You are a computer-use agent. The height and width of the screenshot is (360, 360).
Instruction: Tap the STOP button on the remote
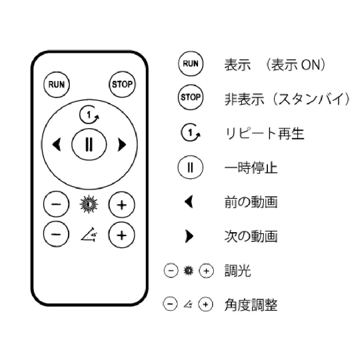click(122, 84)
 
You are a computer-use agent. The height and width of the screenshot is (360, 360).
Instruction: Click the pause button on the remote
click(89, 144)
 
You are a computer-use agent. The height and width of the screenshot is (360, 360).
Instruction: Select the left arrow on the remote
click(57, 145)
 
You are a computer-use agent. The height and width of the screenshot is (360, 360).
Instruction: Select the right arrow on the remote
click(122, 145)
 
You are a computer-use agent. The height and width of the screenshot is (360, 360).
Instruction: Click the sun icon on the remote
click(89, 204)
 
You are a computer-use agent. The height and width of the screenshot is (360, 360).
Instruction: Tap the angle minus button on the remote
click(56, 234)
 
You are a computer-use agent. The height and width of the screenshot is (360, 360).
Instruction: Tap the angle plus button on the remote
click(122, 235)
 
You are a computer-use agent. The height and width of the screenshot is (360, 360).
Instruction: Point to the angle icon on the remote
click(89, 235)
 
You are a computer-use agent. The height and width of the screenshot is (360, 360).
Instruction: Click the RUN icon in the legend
click(190, 64)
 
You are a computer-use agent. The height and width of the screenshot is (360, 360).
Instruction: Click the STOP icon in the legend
click(190, 97)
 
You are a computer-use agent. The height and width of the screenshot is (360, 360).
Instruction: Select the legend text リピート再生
click(265, 134)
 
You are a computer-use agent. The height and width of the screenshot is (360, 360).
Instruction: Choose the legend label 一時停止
click(251, 168)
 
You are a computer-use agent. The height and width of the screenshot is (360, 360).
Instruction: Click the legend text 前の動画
click(251, 202)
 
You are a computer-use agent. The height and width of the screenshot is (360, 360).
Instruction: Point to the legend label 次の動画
click(251, 236)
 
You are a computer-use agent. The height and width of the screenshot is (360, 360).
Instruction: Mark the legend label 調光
click(237, 271)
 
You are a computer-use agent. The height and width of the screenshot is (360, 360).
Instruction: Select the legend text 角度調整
click(251, 305)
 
